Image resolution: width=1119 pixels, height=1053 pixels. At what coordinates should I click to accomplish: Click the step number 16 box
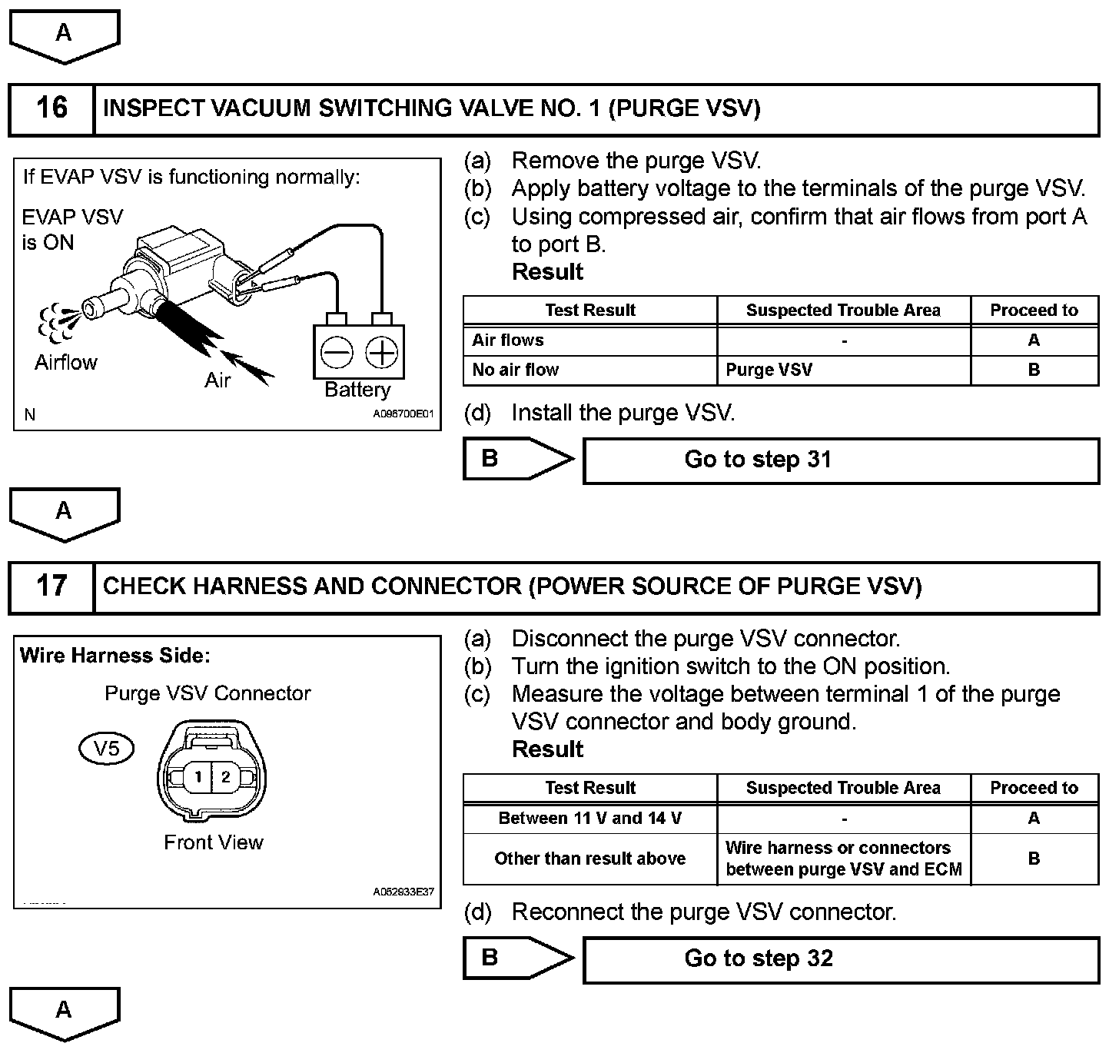51,108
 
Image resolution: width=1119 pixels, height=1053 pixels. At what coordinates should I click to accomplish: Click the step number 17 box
51,586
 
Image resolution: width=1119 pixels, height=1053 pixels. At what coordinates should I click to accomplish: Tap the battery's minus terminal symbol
337,353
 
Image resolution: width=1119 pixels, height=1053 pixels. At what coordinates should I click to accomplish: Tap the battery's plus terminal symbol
381,353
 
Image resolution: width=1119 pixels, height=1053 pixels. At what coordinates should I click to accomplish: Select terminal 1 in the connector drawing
198,777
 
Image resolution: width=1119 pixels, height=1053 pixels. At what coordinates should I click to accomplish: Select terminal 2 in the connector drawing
225,777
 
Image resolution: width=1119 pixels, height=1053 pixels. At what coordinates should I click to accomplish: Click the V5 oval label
107,748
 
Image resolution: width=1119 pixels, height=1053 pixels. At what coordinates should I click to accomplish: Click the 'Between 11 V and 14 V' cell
590,819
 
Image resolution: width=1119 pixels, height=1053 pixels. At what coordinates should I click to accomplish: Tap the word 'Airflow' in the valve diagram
66,362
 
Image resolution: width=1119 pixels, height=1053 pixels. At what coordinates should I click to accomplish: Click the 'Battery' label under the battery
357,390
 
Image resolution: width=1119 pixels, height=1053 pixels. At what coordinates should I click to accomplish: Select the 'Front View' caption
214,842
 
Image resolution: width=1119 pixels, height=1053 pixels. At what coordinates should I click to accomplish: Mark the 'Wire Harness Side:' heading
115,656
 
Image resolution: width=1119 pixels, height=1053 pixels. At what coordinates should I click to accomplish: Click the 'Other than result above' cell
590,859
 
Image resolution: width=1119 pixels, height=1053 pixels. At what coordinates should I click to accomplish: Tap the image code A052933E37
403,892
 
